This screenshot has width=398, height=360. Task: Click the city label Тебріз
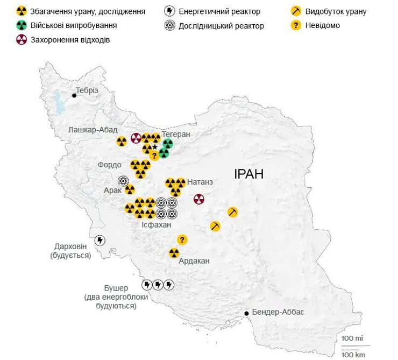(x=87, y=90)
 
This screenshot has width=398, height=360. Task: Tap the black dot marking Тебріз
(x=74, y=95)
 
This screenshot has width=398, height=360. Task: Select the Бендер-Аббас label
(x=278, y=313)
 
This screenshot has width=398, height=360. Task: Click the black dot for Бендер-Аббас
(x=247, y=313)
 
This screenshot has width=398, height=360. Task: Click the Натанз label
(x=200, y=182)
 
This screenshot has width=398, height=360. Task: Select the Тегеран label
(x=176, y=134)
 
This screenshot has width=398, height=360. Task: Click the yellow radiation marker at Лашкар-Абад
(x=122, y=142)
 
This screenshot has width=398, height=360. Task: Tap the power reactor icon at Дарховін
(x=99, y=240)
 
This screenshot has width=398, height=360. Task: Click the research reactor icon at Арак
(x=123, y=181)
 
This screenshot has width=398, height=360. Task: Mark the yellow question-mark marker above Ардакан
(x=182, y=239)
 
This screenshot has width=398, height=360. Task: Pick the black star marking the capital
(x=155, y=146)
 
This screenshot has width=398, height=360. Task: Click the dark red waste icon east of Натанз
(x=199, y=199)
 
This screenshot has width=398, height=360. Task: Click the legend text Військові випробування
(x=74, y=25)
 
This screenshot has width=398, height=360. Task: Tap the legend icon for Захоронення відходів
(x=22, y=39)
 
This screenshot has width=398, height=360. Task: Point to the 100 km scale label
(x=353, y=354)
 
